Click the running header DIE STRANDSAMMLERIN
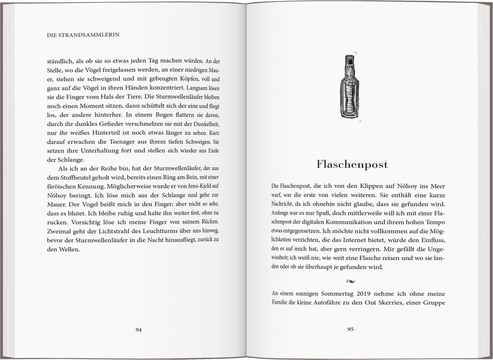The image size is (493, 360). coord(83,34)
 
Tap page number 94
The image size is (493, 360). coord(139,329)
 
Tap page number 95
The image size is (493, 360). coord(350,329)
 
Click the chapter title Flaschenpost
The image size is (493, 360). coord(352,164)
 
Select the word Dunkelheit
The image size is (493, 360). coord(202,124)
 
